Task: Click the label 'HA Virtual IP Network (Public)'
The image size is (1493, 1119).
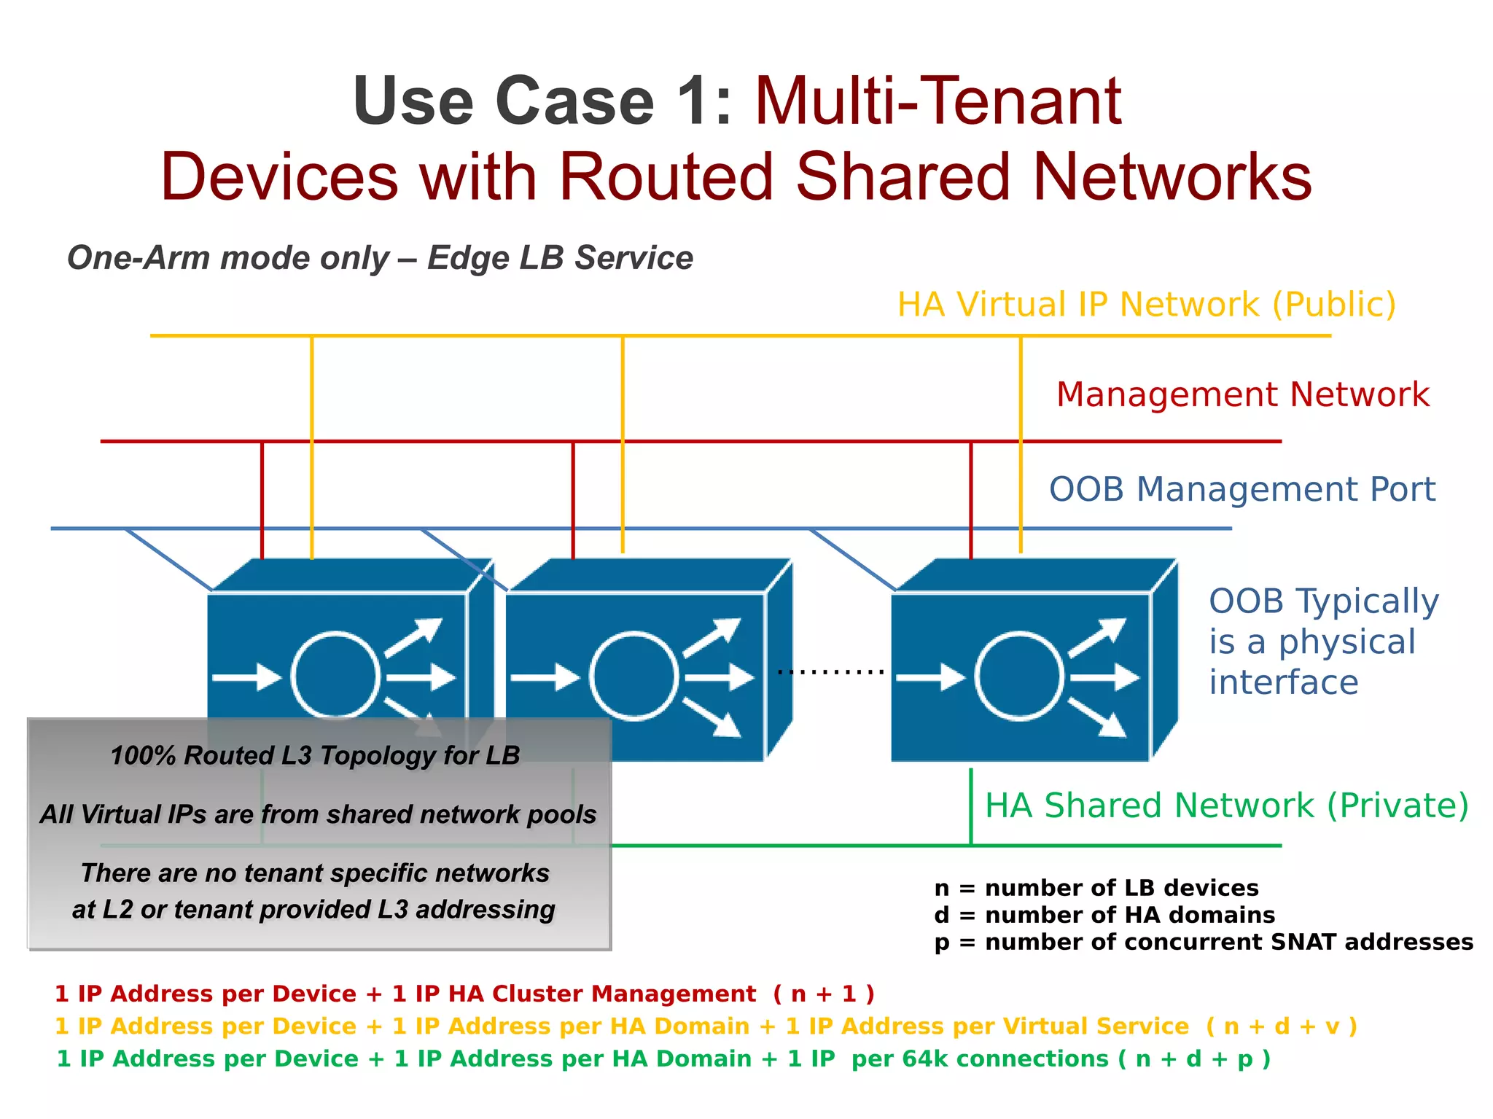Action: [x=1146, y=305]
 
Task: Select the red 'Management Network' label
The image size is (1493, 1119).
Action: [x=1242, y=394]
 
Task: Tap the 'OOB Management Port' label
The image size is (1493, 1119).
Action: [x=1241, y=489]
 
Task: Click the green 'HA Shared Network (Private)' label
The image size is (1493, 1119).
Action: [x=1226, y=806]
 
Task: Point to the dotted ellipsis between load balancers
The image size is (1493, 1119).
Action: [x=830, y=671]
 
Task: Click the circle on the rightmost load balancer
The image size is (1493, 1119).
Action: [x=1019, y=676]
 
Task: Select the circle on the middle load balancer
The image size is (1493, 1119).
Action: [x=633, y=676]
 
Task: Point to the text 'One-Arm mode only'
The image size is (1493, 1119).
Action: [x=228, y=258]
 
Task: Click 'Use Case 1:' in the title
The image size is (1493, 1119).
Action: [x=542, y=101]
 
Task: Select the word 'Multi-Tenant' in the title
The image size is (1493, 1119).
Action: [x=938, y=101]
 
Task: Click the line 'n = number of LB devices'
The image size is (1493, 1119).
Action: [x=1096, y=888]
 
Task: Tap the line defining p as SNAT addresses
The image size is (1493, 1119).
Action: [x=1203, y=942]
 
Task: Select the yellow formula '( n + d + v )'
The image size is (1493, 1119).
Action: [x=1281, y=1026]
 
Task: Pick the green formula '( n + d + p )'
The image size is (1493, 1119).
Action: [x=1194, y=1058]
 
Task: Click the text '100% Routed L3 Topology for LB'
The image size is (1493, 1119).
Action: [x=315, y=755]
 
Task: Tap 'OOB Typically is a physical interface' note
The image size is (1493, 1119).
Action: [x=1323, y=642]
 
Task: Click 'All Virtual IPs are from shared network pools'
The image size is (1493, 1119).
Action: [x=318, y=814]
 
